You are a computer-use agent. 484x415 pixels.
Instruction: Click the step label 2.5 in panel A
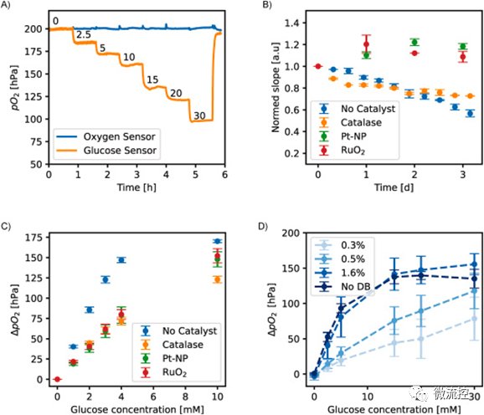click(84, 35)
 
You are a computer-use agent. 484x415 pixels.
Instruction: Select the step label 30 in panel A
click(199, 115)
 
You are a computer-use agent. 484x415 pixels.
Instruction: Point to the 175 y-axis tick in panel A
click(33, 52)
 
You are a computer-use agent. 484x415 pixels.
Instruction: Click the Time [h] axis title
click(136, 187)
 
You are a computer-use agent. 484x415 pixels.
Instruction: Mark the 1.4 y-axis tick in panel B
click(291, 23)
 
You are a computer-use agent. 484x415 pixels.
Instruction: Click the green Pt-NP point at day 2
click(414, 42)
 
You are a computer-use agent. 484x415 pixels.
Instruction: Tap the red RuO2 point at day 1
click(366, 44)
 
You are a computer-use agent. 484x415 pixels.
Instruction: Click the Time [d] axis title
click(394, 187)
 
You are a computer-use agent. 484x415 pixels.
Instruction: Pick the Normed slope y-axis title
click(275, 88)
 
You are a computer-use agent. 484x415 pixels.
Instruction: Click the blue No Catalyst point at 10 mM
click(218, 241)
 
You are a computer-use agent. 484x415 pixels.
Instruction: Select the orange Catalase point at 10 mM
click(218, 279)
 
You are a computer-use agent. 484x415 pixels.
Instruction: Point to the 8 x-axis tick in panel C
click(185, 397)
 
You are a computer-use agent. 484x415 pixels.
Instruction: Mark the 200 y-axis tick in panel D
click(291, 233)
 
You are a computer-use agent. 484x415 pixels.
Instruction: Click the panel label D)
click(263, 226)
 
